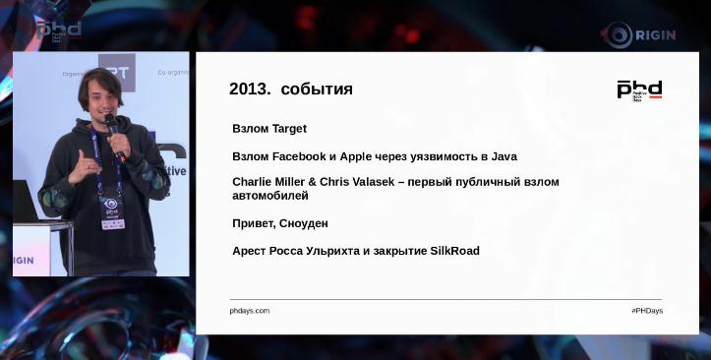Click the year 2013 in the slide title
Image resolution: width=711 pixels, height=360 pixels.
pyautogui.click(x=249, y=90)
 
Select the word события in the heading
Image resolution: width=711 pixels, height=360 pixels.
pyautogui.click(x=317, y=90)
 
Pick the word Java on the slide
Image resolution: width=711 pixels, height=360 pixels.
pyautogui.click(x=503, y=156)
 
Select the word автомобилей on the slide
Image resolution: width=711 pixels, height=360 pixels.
pyautogui.click(x=270, y=196)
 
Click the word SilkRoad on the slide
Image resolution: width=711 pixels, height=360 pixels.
pyautogui.click(x=455, y=251)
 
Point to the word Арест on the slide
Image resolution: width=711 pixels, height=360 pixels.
pyautogui.click(x=250, y=251)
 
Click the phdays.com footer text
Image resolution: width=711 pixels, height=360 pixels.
pyautogui.click(x=250, y=311)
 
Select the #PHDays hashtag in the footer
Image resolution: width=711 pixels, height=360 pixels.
pyautogui.click(x=646, y=311)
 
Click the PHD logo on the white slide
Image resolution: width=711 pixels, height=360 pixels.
pyautogui.click(x=639, y=90)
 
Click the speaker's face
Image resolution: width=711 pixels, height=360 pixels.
pyautogui.click(x=100, y=95)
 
